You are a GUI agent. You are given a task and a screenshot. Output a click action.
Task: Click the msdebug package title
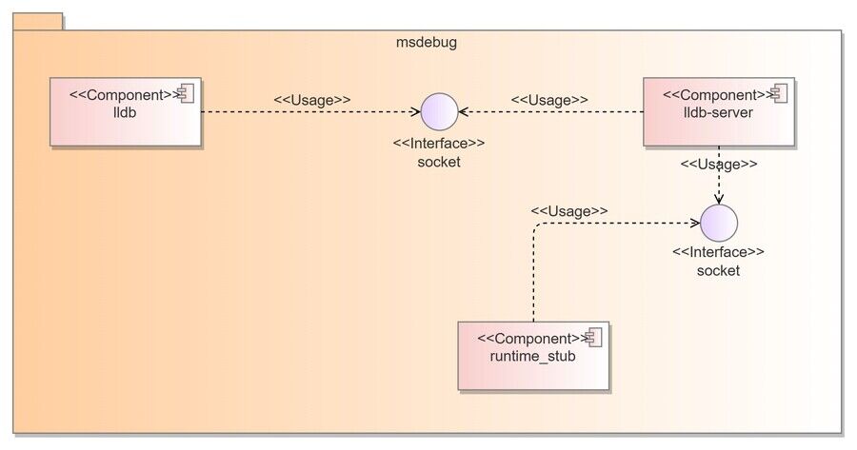(x=427, y=43)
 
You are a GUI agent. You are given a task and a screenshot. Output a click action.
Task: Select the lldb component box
(x=126, y=112)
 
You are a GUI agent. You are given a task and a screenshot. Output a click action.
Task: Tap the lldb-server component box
(x=719, y=112)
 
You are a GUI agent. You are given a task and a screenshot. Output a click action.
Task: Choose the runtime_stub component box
(x=533, y=356)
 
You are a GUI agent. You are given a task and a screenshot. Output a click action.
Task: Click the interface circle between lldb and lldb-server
(x=439, y=112)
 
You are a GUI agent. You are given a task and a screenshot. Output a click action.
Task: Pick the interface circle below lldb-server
(x=719, y=223)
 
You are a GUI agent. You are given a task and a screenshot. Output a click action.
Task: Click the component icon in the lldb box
(x=186, y=94)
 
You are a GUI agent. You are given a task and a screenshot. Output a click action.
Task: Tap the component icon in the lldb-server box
(x=779, y=94)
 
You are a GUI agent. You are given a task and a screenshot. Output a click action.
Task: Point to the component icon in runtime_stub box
(x=593, y=338)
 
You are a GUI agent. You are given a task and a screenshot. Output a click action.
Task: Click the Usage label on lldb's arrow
(x=312, y=100)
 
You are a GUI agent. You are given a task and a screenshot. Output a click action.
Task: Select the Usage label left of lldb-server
(x=549, y=100)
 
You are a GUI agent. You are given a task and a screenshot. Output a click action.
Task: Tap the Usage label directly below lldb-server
(x=719, y=164)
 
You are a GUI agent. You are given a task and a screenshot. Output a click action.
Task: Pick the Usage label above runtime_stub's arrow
(x=569, y=211)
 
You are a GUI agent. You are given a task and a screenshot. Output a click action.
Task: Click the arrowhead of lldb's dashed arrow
(x=417, y=112)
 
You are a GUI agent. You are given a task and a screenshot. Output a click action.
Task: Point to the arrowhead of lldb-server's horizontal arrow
(x=462, y=112)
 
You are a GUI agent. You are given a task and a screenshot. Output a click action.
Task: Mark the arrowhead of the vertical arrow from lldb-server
(x=719, y=201)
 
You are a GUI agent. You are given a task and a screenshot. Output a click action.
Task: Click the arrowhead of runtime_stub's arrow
(x=696, y=223)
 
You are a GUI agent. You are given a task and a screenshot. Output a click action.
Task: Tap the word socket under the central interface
(x=439, y=162)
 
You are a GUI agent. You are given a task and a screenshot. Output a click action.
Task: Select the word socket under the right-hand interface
(x=718, y=271)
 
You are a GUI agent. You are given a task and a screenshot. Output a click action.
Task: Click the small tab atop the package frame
(x=38, y=22)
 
